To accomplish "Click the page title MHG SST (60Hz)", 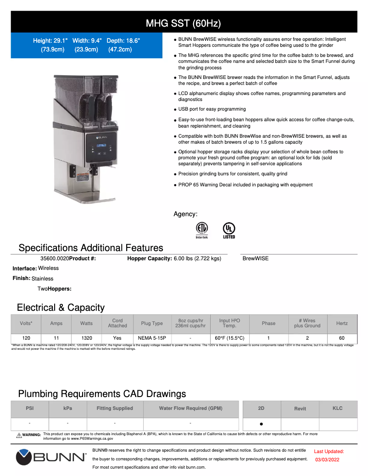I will (184, 23).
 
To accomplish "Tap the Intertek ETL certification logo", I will (202, 230).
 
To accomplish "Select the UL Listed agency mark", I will (229, 230).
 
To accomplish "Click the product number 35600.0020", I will (55, 258).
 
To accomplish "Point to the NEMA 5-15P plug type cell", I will (152, 338).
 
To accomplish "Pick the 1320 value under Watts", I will (86, 338).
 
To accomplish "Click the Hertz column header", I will (342, 323).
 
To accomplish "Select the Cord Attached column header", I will (117, 323).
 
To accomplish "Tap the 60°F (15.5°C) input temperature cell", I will (229, 338).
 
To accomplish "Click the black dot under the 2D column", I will (261, 424).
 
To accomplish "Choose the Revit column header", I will (300, 409).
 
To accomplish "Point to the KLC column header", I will (338, 408).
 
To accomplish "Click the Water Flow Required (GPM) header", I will (190, 408).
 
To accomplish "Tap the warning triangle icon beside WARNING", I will (19, 435).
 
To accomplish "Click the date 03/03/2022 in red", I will (327, 459).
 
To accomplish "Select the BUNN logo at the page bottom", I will (51, 457).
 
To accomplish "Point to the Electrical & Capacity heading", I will (61, 308).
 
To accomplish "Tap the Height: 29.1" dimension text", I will (51, 41).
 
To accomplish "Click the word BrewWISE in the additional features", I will (256, 258).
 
